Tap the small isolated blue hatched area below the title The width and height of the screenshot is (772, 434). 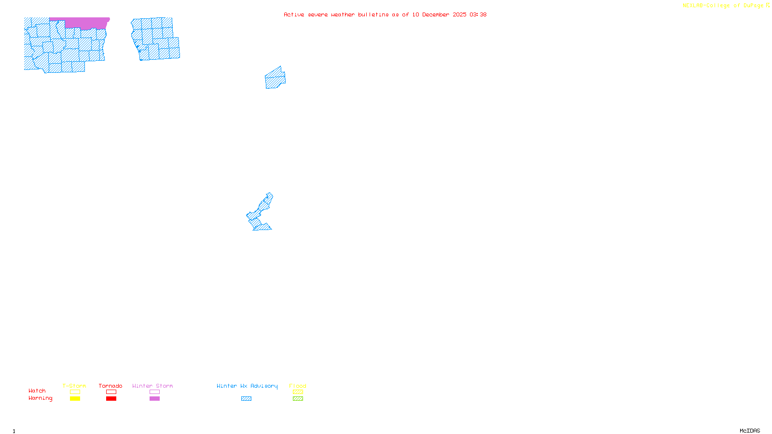(275, 79)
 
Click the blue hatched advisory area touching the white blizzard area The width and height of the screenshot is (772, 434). (261, 212)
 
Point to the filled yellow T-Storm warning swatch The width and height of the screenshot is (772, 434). (75, 399)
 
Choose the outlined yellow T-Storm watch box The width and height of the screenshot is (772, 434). (75, 392)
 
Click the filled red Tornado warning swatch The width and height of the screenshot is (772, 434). (111, 399)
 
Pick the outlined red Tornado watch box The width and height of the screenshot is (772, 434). (111, 392)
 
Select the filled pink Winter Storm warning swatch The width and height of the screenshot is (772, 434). (154, 399)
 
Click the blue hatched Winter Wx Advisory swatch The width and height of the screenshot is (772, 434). (246, 399)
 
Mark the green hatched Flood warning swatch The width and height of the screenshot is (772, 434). (298, 399)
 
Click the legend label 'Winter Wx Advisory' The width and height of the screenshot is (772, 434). (247, 386)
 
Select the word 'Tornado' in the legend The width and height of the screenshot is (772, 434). (110, 386)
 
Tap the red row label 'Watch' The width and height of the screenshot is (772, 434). (37, 391)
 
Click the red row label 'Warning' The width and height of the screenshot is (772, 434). (41, 398)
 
